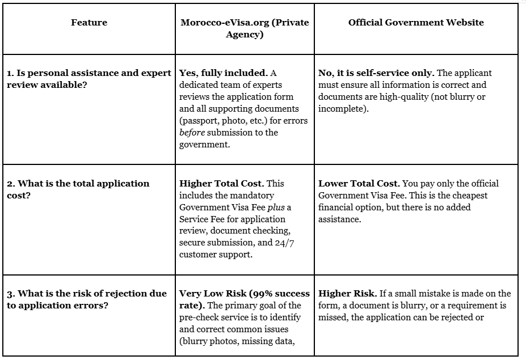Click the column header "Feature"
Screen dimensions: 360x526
tap(89, 23)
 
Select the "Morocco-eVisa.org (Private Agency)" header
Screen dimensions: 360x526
tap(245, 28)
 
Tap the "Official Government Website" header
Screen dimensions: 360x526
tap(416, 23)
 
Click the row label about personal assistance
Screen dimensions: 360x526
tap(89, 79)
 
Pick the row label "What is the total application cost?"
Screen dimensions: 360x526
tap(78, 189)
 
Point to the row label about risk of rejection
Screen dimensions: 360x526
tap(87, 299)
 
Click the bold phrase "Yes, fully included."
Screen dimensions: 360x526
tap(223, 73)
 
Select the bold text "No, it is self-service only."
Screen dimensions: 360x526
tap(376, 73)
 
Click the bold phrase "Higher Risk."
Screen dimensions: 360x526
tap(347, 294)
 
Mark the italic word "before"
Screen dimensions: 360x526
tap(191, 133)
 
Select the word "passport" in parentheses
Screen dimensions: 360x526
tap(199, 121)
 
